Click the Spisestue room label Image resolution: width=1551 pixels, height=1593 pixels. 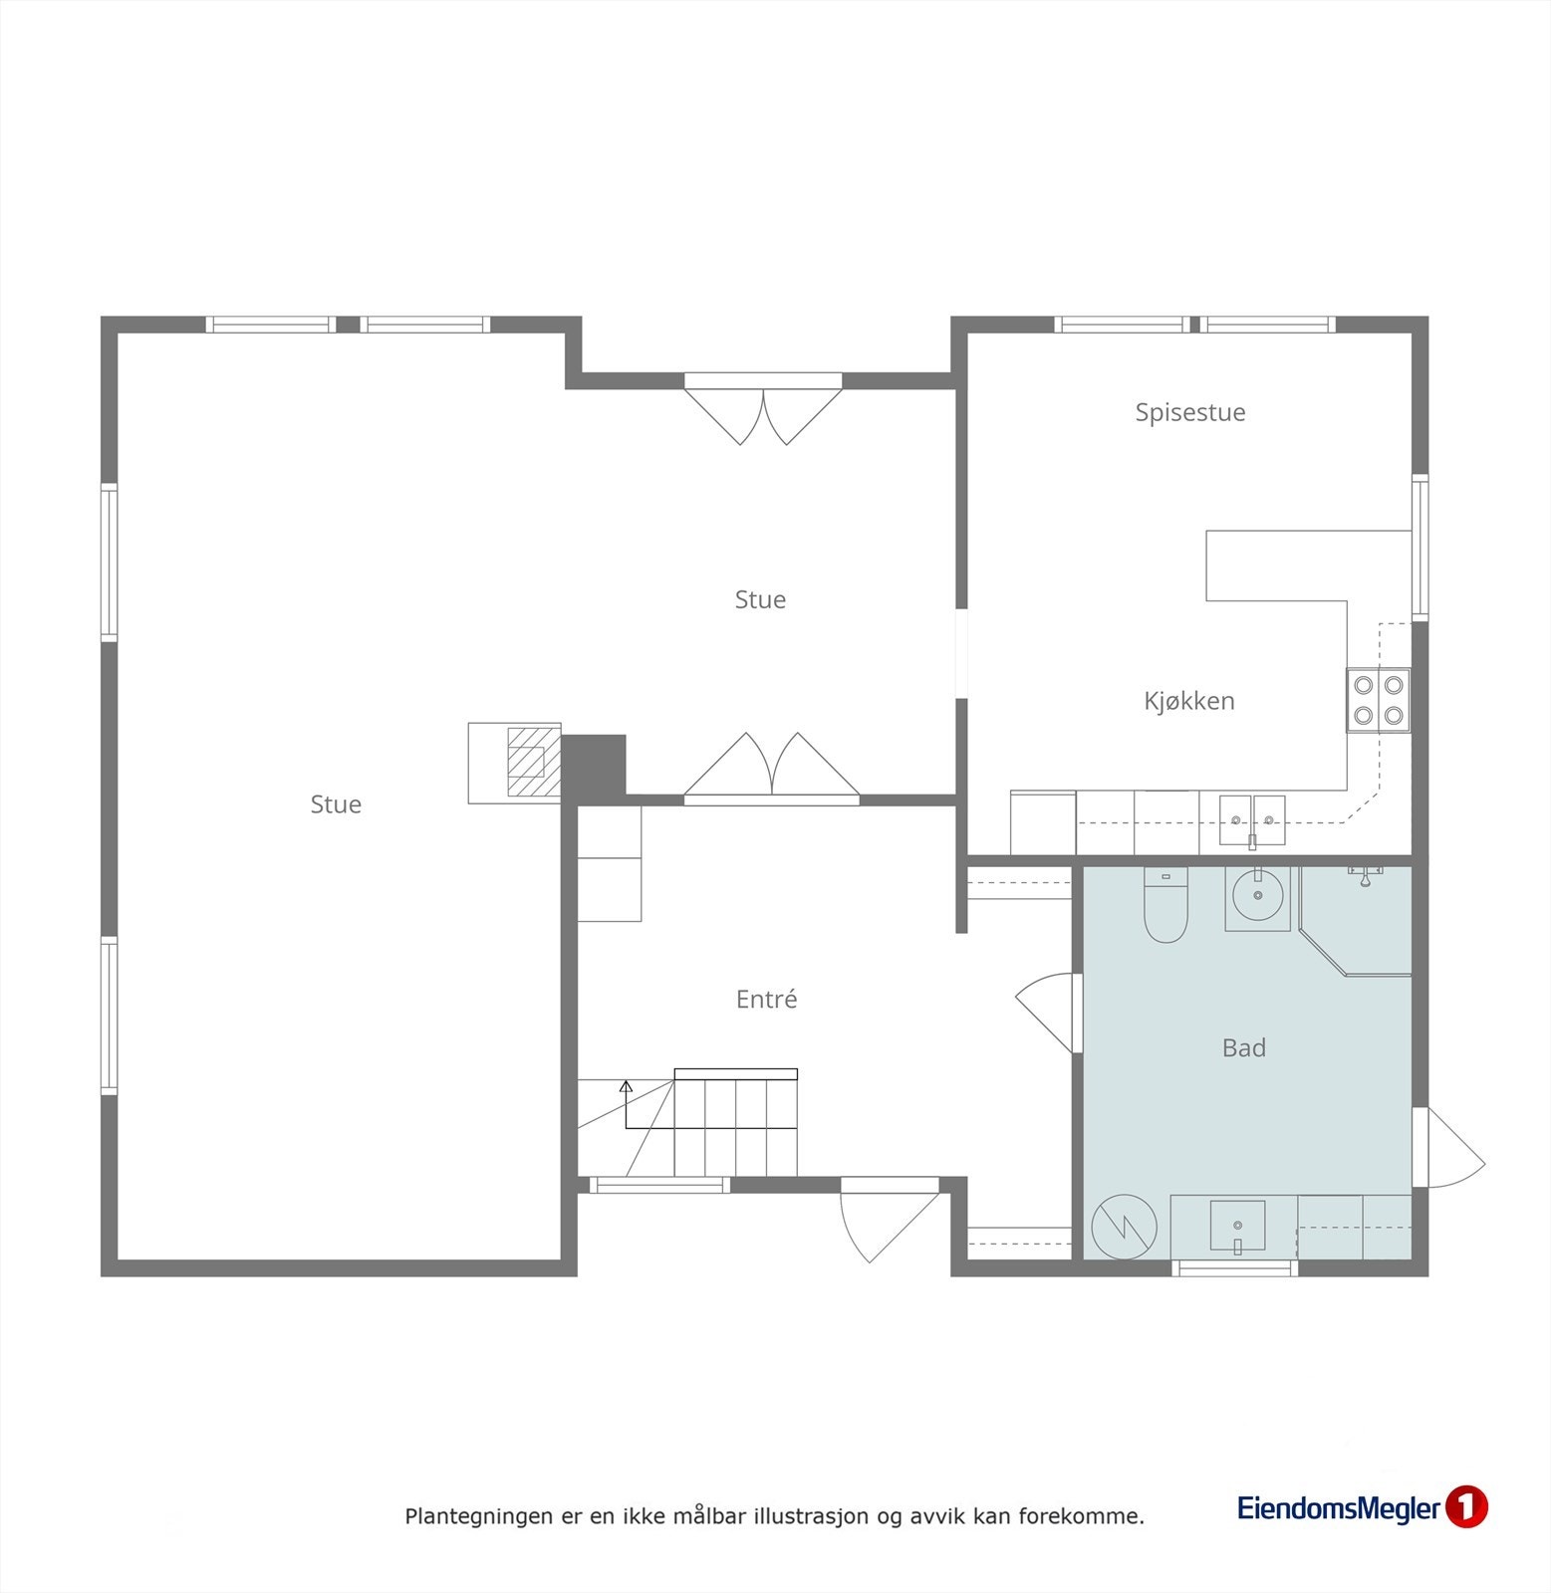pyautogui.click(x=1189, y=412)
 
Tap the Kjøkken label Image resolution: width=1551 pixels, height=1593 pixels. pyautogui.click(x=1188, y=701)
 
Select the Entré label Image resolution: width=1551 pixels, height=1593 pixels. pyautogui.click(x=766, y=1000)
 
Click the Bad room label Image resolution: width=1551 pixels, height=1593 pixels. pyautogui.click(x=1243, y=1047)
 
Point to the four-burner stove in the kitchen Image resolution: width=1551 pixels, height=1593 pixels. pyautogui.click(x=1379, y=700)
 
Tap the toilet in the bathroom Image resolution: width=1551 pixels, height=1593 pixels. pyautogui.click(x=1164, y=907)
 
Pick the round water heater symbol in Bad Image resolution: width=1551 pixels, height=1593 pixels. pyautogui.click(x=1124, y=1227)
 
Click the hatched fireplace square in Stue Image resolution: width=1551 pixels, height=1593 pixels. pyautogui.click(x=526, y=762)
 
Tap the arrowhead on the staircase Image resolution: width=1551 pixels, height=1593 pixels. pyautogui.click(x=626, y=1086)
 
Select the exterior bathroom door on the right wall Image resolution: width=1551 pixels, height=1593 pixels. pyautogui.click(x=1449, y=1148)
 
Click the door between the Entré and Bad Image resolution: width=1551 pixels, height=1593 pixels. pyautogui.click(x=1048, y=1011)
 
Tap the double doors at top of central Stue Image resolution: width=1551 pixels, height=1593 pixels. pyautogui.click(x=763, y=413)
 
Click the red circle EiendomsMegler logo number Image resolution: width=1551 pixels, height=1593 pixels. pyautogui.click(x=1465, y=1507)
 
